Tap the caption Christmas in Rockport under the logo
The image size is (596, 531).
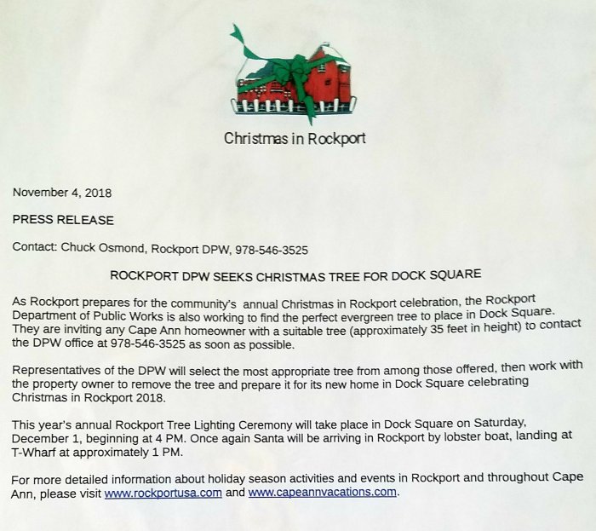pyautogui.click(x=295, y=138)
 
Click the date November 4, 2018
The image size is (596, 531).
pyautogui.click(x=62, y=193)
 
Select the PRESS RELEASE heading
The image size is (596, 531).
pyautogui.click(x=63, y=220)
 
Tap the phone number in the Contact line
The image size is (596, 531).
pyautogui.click(x=275, y=250)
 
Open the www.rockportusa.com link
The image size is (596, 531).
pyautogui.click(x=163, y=493)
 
